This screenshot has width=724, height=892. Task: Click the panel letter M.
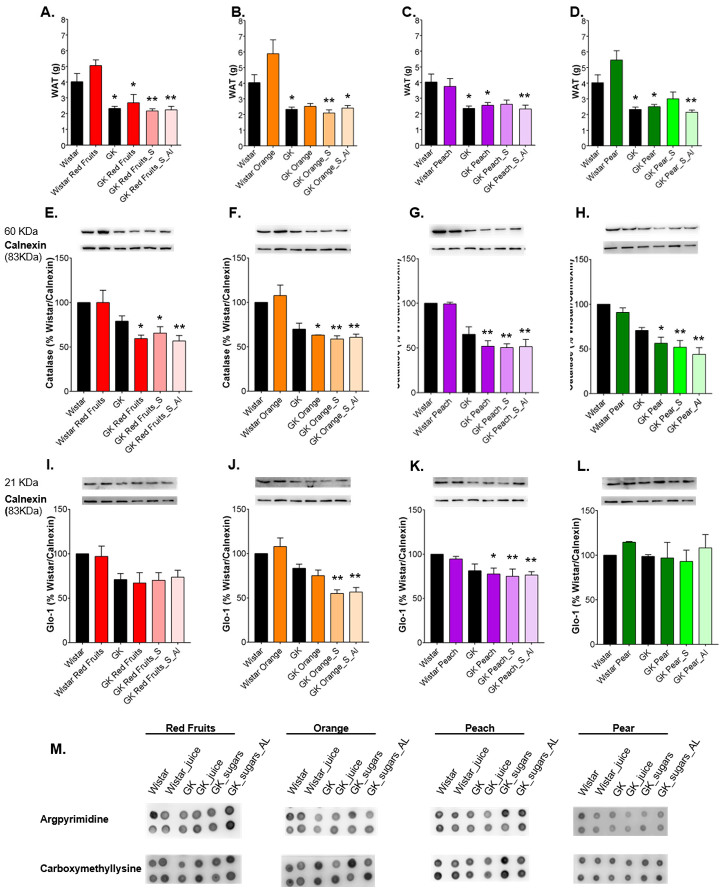[58, 749]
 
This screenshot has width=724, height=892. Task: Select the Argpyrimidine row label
[74, 819]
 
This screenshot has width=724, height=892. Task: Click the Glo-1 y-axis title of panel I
[51, 576]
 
